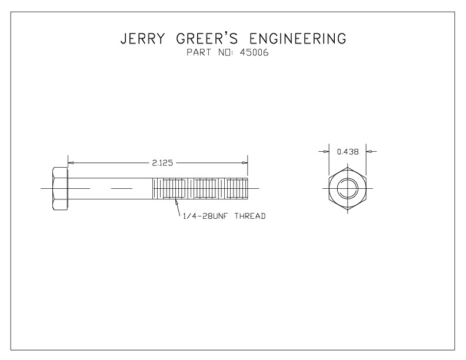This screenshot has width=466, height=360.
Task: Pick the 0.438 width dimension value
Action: tap(347, 152)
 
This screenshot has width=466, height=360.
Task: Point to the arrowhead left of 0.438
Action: tap(325, 152)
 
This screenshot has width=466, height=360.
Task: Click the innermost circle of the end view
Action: tap(347, 189)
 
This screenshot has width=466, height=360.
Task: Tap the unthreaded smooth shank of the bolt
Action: tap(112, 188)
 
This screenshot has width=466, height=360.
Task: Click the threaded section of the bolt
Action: tap(200, 188)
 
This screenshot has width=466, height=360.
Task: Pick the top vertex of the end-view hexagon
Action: tap(347, 166)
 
